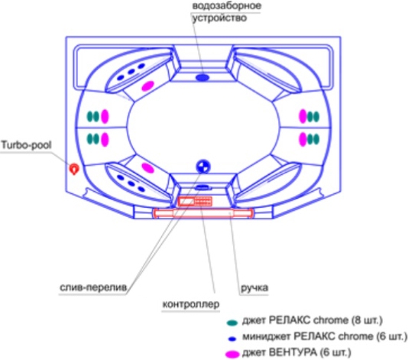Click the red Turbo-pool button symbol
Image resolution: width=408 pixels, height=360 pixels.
74,169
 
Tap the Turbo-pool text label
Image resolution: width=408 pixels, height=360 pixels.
27,145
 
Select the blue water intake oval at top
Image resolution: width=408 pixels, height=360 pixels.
202,77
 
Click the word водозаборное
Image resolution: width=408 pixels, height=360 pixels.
227,6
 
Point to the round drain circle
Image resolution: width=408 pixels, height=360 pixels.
203,166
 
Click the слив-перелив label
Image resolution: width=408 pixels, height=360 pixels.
93,287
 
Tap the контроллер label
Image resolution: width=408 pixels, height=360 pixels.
191,304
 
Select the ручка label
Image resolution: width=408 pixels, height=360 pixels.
254,288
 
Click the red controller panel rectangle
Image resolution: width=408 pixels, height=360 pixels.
195,201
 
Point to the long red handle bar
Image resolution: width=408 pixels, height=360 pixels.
203,213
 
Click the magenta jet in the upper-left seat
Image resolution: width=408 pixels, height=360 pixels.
147,86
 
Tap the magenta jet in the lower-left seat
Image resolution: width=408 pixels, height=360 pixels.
147,168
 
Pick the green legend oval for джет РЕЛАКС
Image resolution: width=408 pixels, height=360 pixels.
232,323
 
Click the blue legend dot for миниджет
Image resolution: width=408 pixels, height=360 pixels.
232,339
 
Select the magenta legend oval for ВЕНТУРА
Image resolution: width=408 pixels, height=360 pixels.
232,354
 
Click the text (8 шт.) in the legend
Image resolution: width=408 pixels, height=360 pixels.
367,320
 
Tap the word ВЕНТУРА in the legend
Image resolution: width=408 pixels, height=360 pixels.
293,352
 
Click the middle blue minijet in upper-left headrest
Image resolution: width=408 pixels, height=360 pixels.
131,72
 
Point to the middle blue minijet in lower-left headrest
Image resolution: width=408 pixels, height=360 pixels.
131,183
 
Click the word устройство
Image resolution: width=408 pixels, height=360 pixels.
219,18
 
